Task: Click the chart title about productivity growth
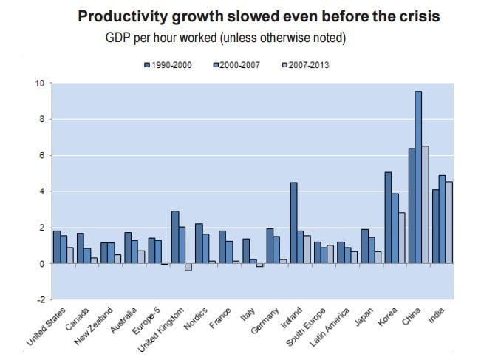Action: [x=258, y=16]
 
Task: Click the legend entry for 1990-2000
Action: [x=171, y=66]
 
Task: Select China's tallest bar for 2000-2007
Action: [x=418, y=177]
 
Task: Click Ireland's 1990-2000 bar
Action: [x=293, y=223]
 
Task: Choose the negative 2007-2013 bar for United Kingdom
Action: [x=188, y=267]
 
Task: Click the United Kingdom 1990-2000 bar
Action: [x=174, y=237]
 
